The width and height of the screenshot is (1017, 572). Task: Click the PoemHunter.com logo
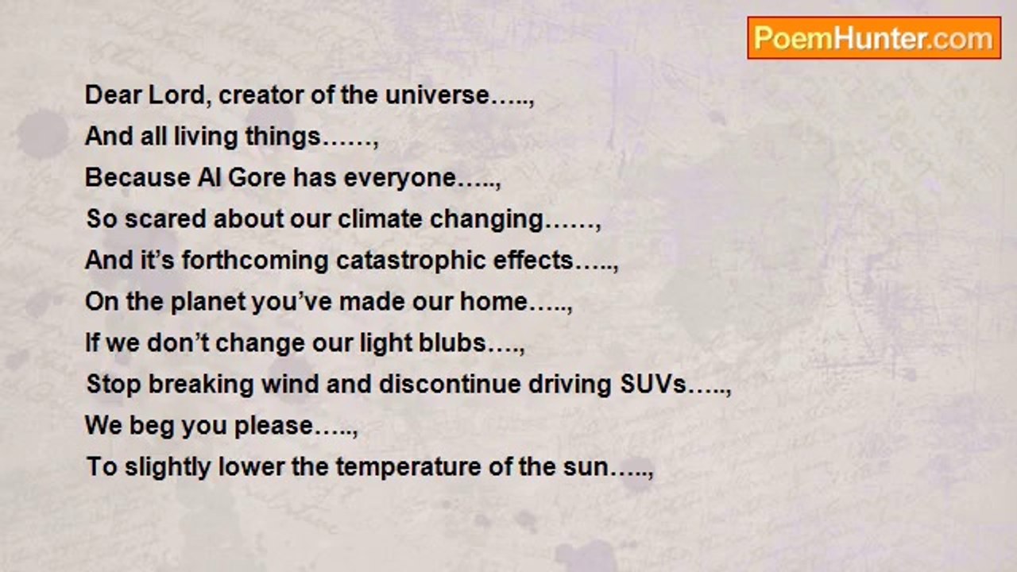pos(874,38)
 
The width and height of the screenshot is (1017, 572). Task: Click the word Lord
pos(181,95)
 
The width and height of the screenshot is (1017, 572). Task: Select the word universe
pos(437,95)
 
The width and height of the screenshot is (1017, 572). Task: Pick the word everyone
pos(400,178)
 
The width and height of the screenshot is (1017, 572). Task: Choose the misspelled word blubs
pos(454,343)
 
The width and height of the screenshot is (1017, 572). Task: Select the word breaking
pos(200,385)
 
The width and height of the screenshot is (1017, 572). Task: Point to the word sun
pos(590,467)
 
